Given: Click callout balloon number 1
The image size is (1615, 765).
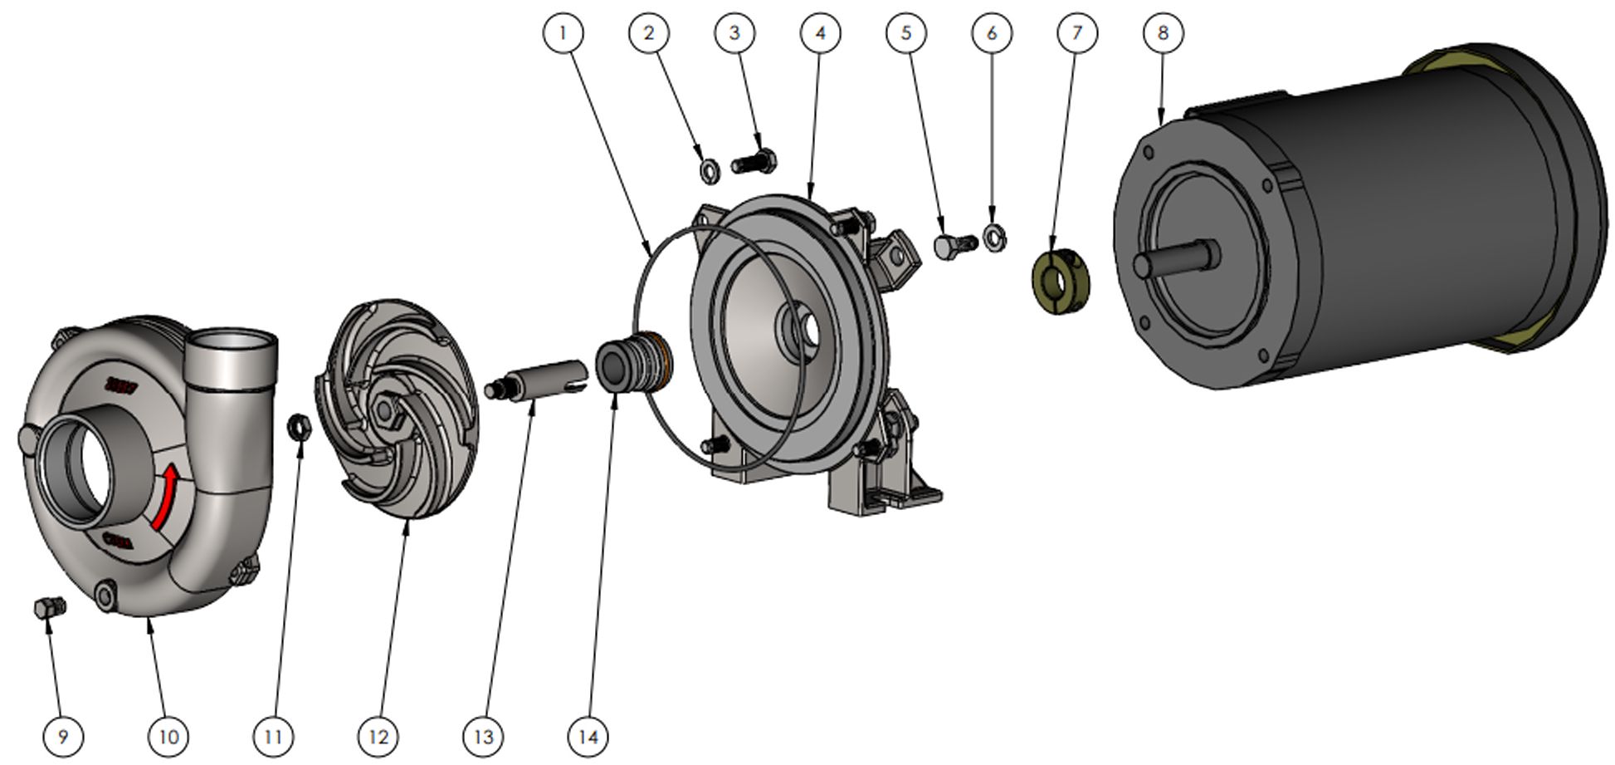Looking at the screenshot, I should [x=564, y=33].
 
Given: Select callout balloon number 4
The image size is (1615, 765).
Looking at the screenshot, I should [x=820, y=33].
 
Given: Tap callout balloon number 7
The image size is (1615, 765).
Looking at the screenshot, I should [x=1077, y=33].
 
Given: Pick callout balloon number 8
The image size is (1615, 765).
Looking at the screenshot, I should [x=1163, y=33].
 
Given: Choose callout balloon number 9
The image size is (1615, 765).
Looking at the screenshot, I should [x=63, y=736].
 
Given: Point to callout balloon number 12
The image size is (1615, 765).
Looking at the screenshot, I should [x=378, y=736].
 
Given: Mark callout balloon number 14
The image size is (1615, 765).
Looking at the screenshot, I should [x=588, y=736].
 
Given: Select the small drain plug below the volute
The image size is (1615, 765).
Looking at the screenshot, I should [x=50, y=608].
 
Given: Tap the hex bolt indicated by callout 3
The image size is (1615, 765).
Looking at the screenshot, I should [x=754, y=161].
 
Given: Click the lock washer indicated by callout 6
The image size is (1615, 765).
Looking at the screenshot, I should [x=994, y=238].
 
